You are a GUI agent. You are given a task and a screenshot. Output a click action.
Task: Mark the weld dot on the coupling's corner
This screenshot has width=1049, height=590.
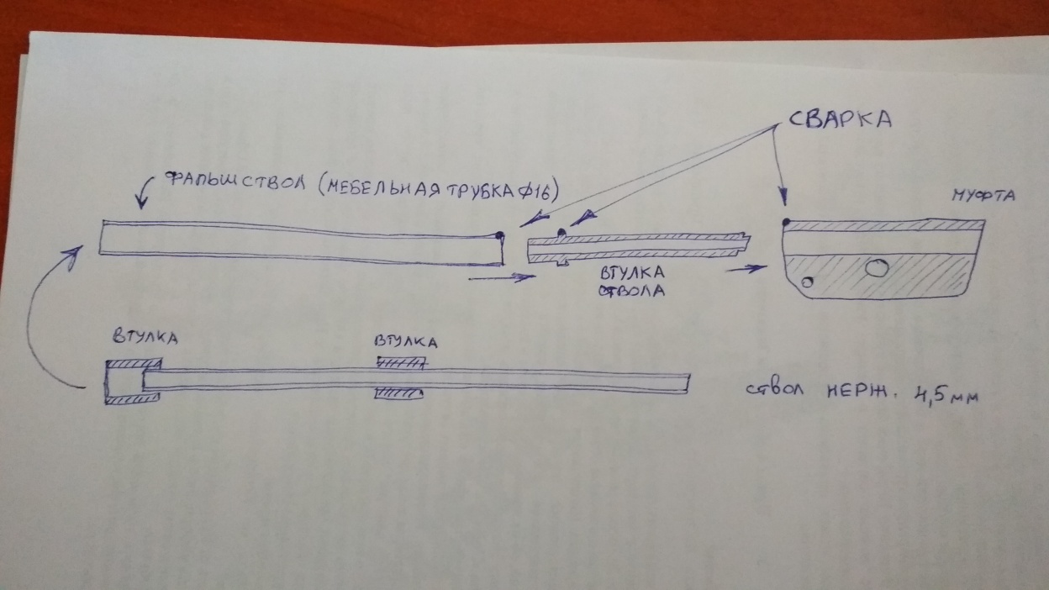pos(785,223)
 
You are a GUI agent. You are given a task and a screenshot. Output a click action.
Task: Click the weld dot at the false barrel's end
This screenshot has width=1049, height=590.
pos(500,235)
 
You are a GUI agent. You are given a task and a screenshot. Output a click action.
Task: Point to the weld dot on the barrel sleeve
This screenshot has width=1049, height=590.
pos(561,232)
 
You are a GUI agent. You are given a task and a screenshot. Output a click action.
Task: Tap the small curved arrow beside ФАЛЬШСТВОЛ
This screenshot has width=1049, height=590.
pos(139,199)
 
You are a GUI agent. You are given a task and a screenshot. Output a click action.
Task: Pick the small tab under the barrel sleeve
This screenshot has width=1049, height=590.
pos(560,266)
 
